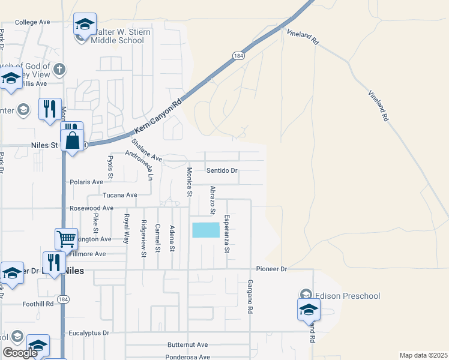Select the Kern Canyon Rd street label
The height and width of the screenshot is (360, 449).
pos(158,117)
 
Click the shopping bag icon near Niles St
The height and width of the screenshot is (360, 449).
pos(73,142)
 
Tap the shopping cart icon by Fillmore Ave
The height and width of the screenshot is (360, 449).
pos(66,238)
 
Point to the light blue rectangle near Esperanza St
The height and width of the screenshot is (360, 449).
pos(206,230)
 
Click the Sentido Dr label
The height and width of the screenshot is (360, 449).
pos(222,170)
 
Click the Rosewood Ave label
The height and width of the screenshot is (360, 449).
pos(91,208)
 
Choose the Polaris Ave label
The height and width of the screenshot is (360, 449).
pos(87,181)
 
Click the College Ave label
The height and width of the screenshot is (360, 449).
pos(32,22)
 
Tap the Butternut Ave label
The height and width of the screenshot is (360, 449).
pos(187,345)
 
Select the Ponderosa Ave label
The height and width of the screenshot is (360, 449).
pos(188,356)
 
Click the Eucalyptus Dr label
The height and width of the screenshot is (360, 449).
pos(90,332)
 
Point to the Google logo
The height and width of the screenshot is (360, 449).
pos(20,353)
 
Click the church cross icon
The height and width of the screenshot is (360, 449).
pos(59,69)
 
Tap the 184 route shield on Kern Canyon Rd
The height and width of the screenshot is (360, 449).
pos(238,55)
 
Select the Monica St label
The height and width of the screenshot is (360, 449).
pos(188,182)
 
